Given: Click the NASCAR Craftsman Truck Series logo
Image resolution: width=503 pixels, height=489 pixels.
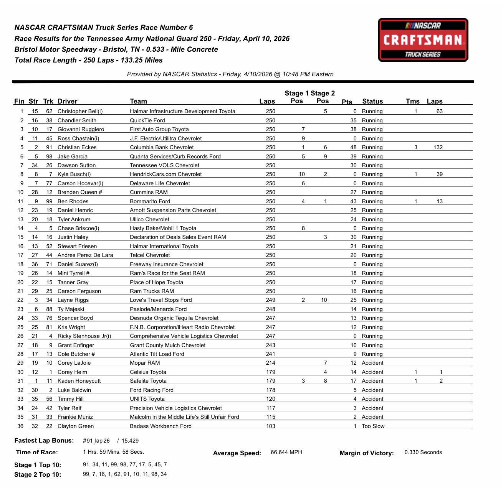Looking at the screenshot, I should click(423, 40).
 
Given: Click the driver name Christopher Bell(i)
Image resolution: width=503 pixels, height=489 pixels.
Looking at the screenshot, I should click(80, 111).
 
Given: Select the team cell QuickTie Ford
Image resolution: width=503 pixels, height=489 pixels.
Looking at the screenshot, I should click(147, 120).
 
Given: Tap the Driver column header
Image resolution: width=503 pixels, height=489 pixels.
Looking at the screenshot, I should click(67, 101).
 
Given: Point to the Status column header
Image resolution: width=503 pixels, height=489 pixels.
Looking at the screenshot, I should click(372, 101).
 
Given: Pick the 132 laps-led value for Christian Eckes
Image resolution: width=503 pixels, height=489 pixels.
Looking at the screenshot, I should click(438, 147).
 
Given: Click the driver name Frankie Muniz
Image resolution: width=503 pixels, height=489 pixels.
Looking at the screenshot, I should click(75, 417).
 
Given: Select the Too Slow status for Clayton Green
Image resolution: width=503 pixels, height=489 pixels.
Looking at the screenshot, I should click(372, 426).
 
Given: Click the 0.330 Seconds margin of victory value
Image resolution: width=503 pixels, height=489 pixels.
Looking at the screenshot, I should click(423, 453).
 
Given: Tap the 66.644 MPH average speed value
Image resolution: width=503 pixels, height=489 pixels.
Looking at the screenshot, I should click(286, 453).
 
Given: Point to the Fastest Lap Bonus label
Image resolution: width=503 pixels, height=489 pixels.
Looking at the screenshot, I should click(44, 441).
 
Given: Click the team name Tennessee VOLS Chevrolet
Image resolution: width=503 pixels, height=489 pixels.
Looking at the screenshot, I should click(164, 165).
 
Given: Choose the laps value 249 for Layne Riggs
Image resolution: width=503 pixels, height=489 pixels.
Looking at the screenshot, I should click(270, 300).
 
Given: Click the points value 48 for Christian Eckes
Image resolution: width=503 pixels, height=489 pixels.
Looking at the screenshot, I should click(353, 147).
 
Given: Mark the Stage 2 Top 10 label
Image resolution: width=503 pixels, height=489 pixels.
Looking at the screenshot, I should click(38, 474).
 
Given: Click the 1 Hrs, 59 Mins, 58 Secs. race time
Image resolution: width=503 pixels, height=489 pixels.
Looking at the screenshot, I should click(113, 452).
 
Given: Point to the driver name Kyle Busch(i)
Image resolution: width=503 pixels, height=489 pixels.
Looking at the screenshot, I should click(74, 174).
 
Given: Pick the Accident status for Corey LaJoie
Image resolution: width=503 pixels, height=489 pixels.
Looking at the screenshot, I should click(372, 363).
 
